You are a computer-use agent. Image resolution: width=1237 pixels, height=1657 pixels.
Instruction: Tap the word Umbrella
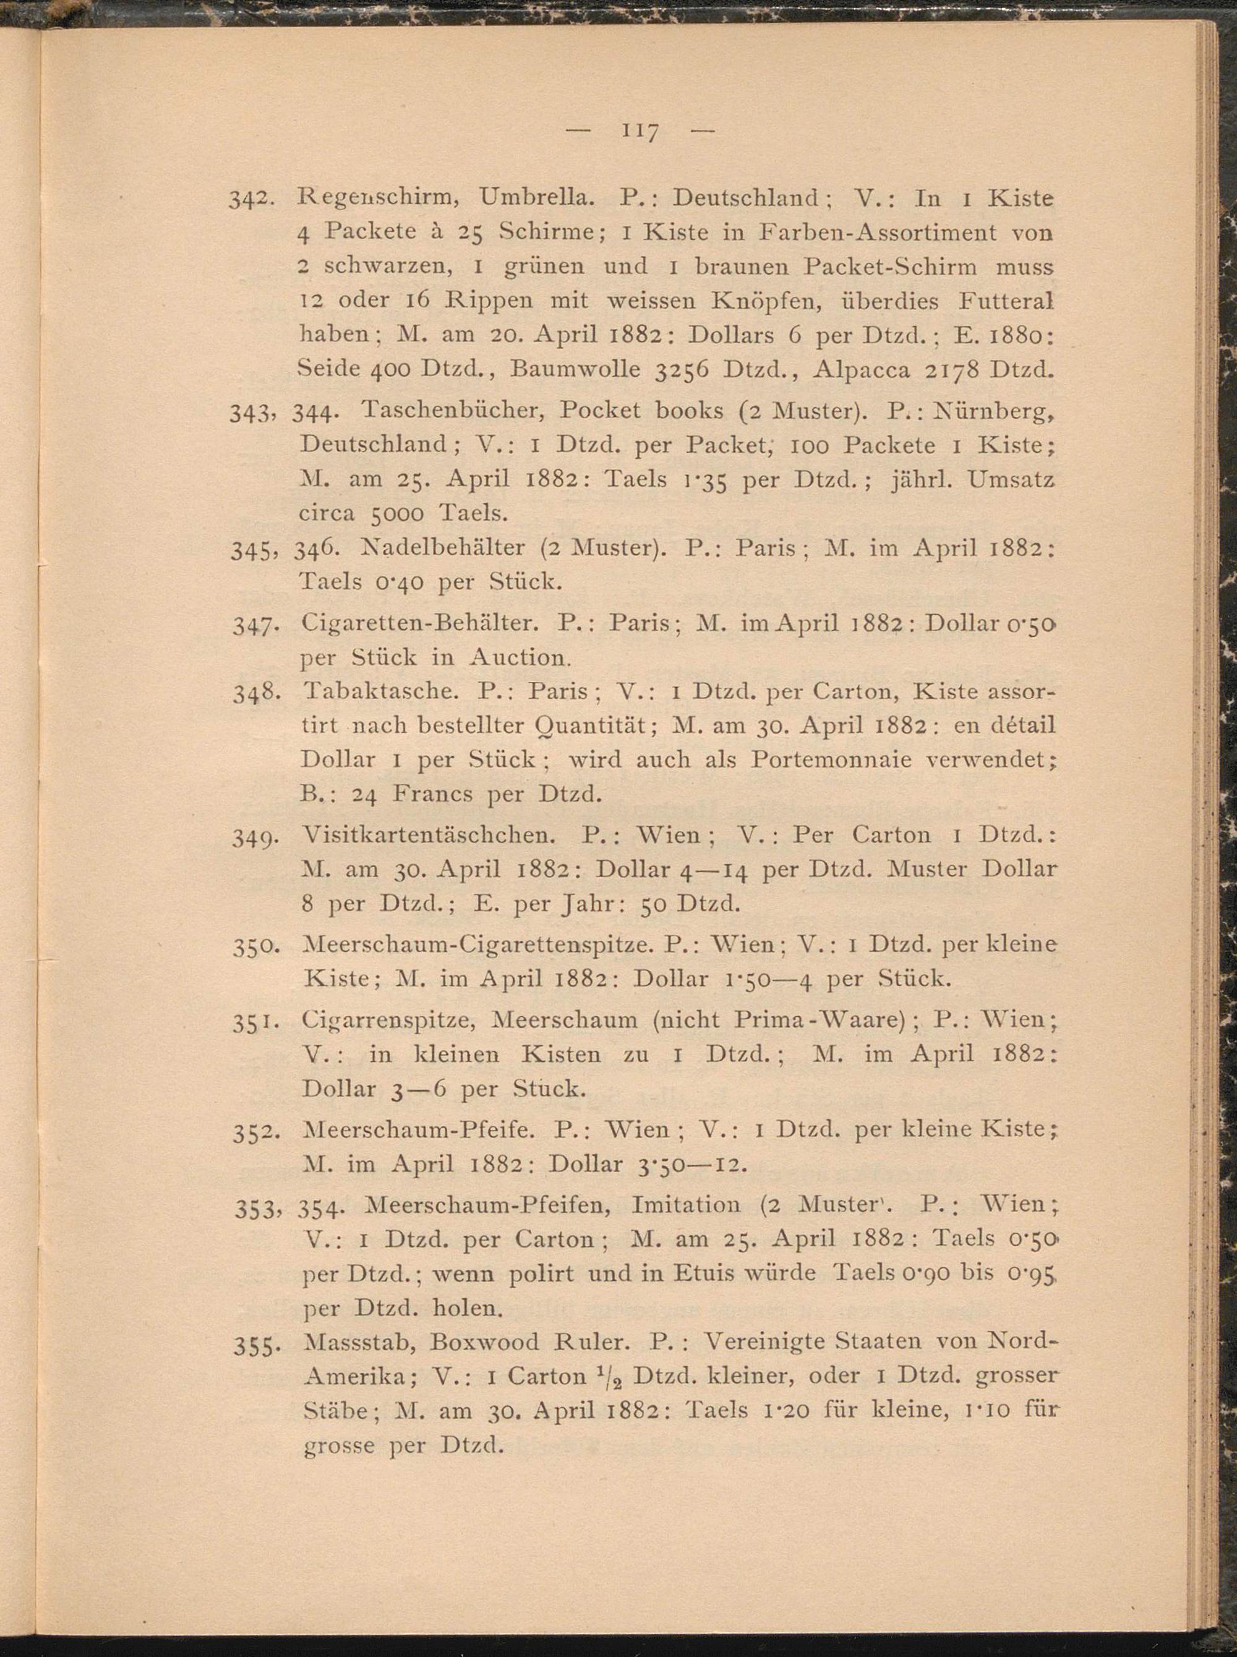tap(537, 199)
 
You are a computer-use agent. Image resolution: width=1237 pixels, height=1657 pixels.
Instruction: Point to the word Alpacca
tap(860, 370)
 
